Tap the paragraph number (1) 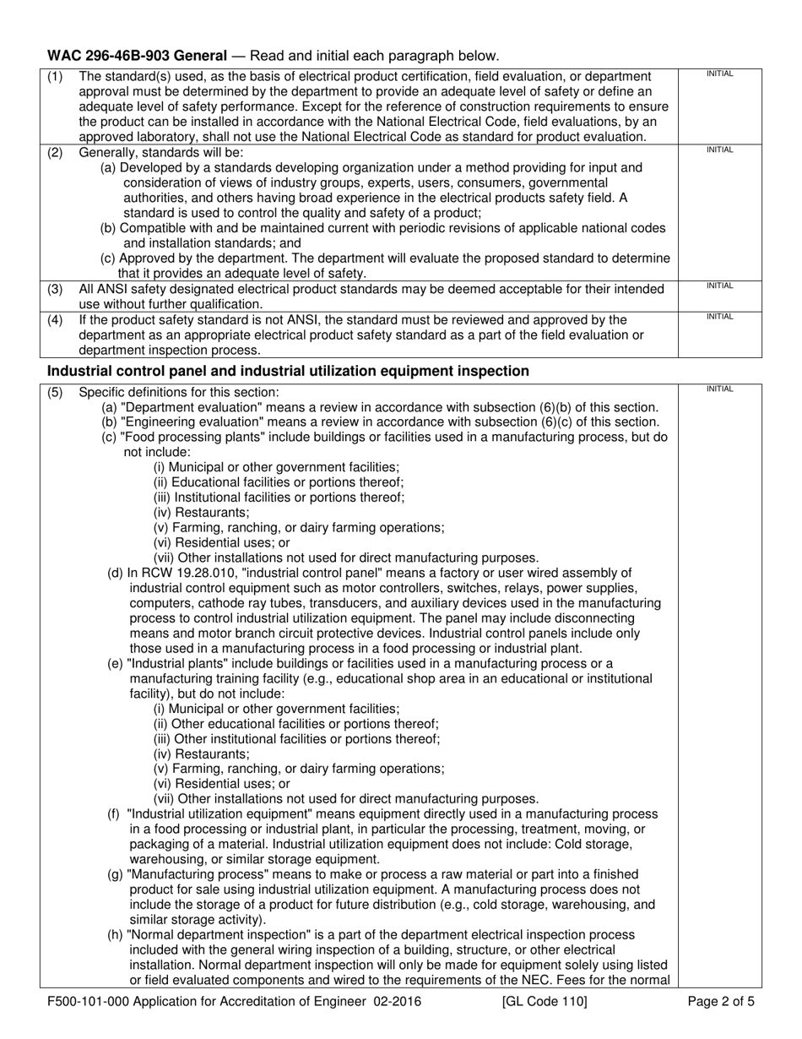coord(55,77)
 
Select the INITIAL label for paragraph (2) coord(719,150)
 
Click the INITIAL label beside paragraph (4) coord(719,317)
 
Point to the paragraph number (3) coord(55,290)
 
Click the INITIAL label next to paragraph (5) coord(719,389)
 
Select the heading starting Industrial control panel coord(288,371)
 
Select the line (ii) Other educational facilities coord(296,724)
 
